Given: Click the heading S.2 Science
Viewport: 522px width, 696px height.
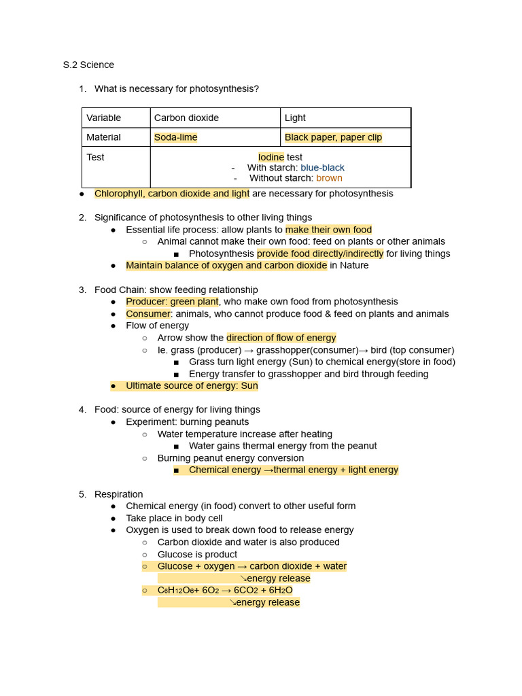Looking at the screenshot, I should click(88, 65).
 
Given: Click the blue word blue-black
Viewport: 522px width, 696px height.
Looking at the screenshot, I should click(322, 168).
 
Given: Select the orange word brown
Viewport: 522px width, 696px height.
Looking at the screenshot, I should click(329, 179).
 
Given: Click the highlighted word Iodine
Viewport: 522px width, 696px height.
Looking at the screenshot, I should click(271, 157).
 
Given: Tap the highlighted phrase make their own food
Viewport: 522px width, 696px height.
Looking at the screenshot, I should click(328, 230).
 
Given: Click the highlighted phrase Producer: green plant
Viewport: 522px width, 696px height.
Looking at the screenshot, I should click(172, 302).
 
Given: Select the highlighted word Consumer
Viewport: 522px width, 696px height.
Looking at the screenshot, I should click(147, 314).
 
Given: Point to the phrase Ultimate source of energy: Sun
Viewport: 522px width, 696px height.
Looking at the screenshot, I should click(192, 386).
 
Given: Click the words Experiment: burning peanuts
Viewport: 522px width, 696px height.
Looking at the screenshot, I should click(187, 422).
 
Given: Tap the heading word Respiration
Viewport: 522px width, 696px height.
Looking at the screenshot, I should click(118, 494).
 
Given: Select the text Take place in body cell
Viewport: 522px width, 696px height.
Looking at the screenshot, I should click(174, 519).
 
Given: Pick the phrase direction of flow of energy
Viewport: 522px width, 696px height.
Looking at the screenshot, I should click(281, 338).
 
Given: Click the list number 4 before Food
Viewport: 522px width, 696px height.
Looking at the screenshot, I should click(82, 410).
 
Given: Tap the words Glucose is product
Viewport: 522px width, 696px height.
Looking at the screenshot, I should click(197, 555).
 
